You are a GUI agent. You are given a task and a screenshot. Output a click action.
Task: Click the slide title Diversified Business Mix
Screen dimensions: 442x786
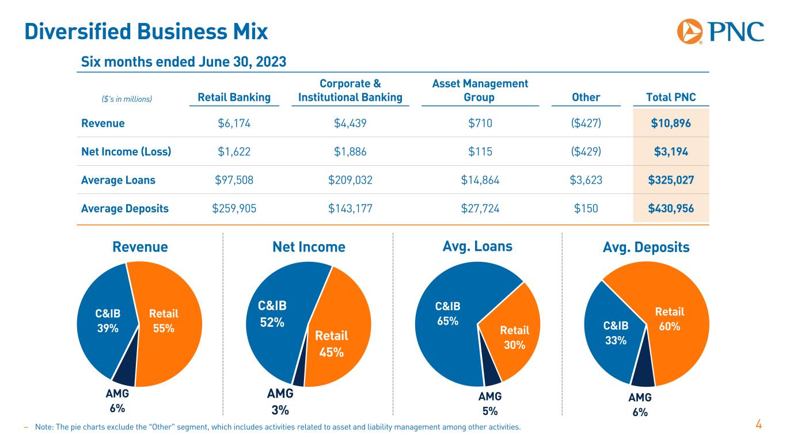(x=146, y=32)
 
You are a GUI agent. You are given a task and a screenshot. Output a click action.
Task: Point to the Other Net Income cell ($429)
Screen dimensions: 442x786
(x=586, y=151)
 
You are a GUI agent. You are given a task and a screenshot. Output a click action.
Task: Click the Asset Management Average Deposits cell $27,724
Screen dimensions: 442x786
(x=480, y=208)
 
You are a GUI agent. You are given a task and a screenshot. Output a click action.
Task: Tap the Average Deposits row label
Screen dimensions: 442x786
(x=125, y=208)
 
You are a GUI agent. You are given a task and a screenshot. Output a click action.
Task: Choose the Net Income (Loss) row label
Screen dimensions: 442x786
(x=126, y=151)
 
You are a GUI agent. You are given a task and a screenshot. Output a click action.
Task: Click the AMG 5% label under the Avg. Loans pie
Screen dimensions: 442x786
(x=490, y=403)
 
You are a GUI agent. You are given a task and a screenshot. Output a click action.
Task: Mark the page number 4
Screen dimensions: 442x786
(x=758, y=425)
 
